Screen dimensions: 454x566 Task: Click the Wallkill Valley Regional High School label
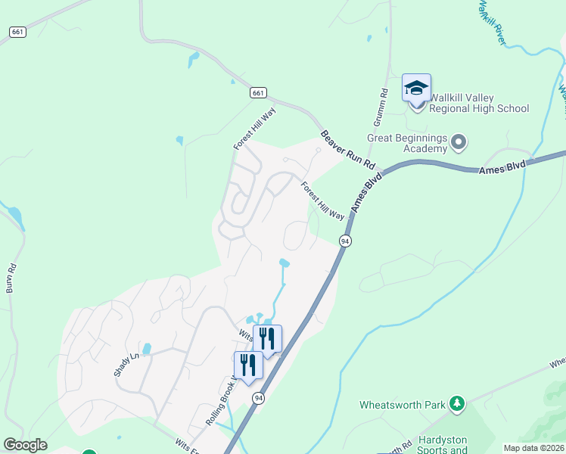tap(479, 103)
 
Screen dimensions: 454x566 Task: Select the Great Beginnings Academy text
tap(407, 143)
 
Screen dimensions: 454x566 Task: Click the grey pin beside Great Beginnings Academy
tap(458, 141)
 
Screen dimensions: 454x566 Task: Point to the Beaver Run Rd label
tap(348, 148)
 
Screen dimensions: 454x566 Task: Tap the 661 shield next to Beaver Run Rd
tap(259, 92)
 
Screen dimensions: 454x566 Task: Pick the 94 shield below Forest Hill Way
tap(345, 241)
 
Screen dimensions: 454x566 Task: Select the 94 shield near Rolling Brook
tap(259, 399)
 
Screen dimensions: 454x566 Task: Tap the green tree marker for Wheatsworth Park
tap(456, 404)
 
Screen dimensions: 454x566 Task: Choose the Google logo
tap(25, 445)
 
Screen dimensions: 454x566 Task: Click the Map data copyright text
tap(533, 448)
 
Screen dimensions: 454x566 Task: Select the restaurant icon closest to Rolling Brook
tap(248, 365)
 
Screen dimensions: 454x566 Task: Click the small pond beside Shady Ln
tap(147, 349)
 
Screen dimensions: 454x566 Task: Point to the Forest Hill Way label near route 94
tap(322, 201)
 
